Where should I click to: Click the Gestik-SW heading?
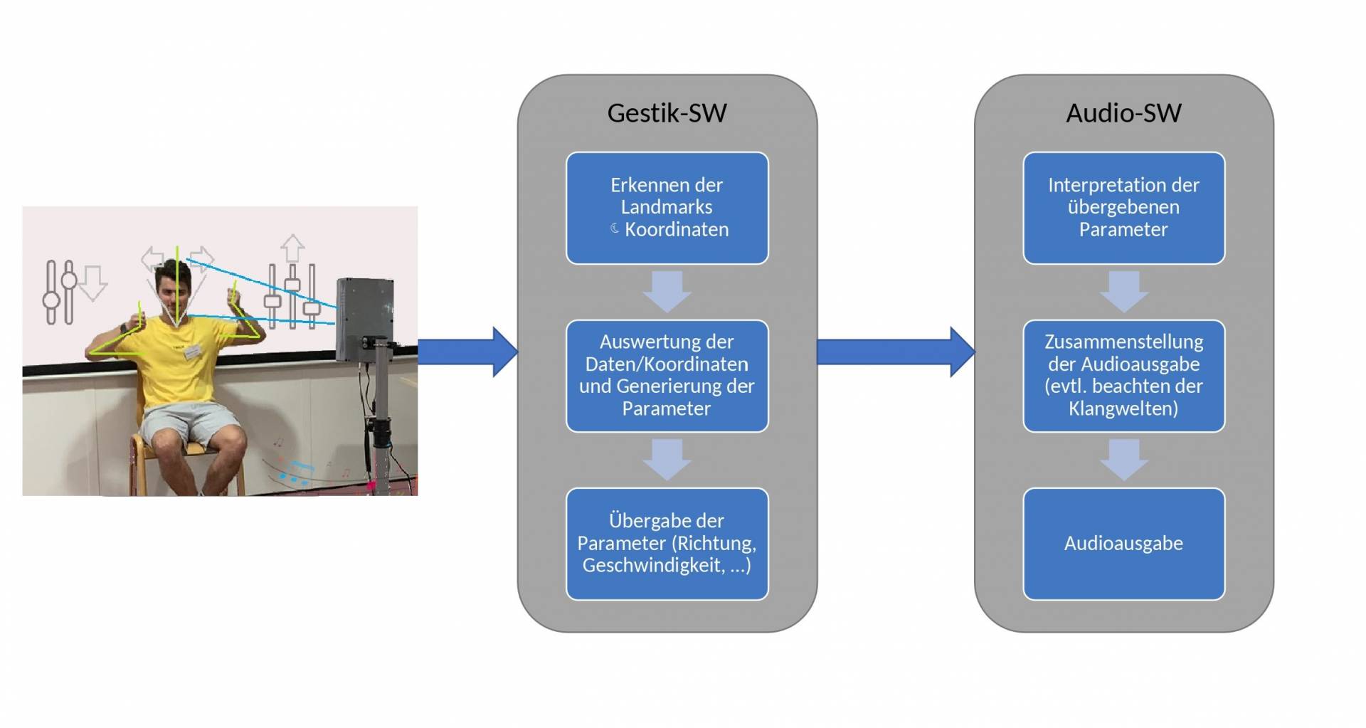click(667, 113)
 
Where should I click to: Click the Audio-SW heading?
click(1123, 113)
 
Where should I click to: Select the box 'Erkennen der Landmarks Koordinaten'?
click(667, 208)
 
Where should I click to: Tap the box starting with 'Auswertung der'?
click(667, 376)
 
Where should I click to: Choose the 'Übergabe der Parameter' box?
click(667, 544)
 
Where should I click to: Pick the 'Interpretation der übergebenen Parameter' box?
click(1123, 208)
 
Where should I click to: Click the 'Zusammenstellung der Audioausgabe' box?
click(1123, 376)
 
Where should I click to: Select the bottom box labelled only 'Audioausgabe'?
click(1123, 544)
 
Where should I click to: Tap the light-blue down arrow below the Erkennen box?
click(667, 290)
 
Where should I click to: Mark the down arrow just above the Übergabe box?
click(667, 459)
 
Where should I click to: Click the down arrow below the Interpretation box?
click(1123, 290)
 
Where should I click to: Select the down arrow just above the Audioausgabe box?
click(1123, 459)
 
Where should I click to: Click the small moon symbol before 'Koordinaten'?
click(615, 228)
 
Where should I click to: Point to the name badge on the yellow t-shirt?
click(192, 352)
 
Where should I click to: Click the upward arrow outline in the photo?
click(292, 249)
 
